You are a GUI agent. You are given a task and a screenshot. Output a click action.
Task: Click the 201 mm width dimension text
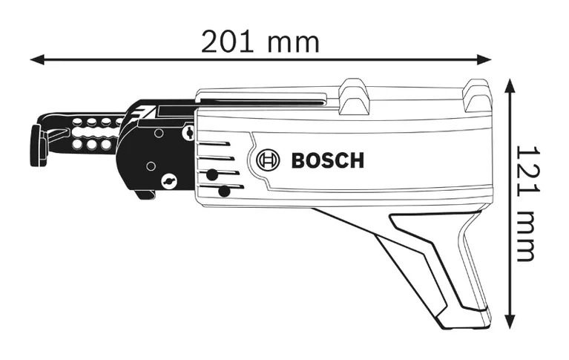coord(260,42)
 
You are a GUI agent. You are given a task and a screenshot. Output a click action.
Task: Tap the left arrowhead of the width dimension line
coord(37,60)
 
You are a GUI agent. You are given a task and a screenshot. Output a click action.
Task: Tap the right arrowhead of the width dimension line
coord(484,60)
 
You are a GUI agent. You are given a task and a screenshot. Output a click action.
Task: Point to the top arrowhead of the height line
coord(510,86)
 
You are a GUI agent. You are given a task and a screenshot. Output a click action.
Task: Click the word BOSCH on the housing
coord(328,160)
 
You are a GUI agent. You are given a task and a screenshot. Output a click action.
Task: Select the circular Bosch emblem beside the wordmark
coord(268,160)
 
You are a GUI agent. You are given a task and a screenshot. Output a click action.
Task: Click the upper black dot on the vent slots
coord(212,174)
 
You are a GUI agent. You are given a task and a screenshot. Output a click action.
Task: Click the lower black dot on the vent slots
coord(224,191)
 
